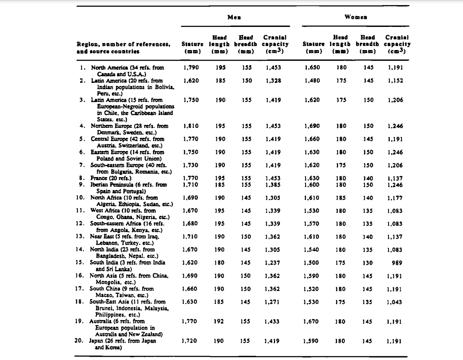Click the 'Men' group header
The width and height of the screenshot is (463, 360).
(234, 17)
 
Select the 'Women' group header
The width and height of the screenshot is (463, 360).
(356, 17)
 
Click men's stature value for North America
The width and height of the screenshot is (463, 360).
(192, 67)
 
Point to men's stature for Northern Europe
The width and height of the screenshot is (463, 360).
(192, 126)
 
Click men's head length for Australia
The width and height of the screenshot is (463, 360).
(218, 322)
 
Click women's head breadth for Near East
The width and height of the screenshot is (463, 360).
(369, 237)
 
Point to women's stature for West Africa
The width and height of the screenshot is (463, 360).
(312, 211)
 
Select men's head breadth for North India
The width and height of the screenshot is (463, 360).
(246, 250)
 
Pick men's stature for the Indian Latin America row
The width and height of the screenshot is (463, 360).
(192, 80)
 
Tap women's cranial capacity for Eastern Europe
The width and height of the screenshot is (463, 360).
(395, 152)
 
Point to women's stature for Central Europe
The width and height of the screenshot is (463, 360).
(312, 139)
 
